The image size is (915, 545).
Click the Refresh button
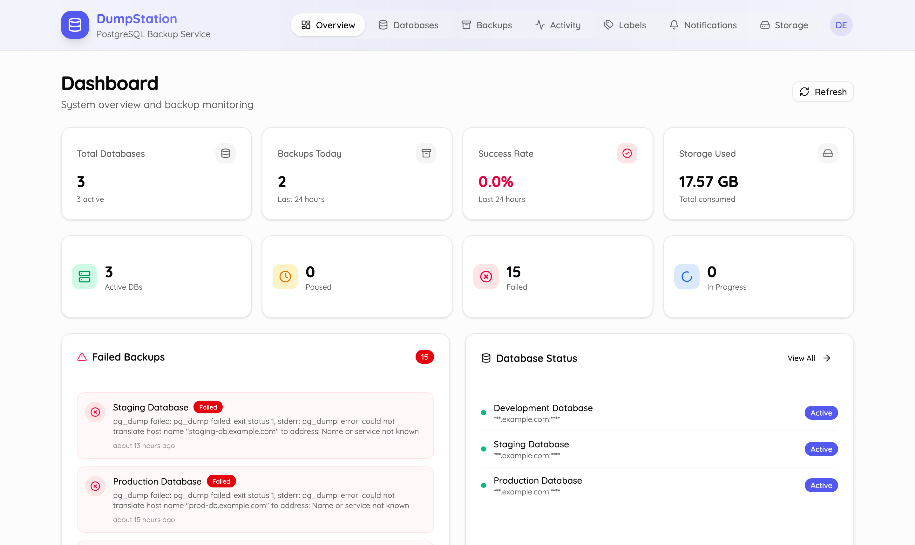(x=823, y=92)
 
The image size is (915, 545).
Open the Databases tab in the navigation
(x=408, y=25)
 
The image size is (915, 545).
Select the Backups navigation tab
(x=486, y=25)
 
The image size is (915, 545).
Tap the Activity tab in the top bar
(x=558, y=25)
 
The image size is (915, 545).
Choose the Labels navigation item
(x=625, y=25)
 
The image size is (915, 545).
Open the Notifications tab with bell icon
(x=703, y=25)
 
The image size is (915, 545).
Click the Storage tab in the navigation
(x=784, y=25)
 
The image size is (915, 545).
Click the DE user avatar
(x=841, y=25)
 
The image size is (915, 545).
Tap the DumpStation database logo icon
(x=75, y=25)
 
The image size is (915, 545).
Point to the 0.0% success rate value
(x=496, y=182)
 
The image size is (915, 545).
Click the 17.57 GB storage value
(x=708, y=182)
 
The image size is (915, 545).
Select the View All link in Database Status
(x=809, y=358)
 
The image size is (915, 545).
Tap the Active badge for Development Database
(x=821, y=413)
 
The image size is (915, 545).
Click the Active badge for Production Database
(x=821, y=486)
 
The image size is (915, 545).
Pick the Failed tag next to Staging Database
(x=208, y=407)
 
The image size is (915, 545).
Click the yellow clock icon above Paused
(x=285, y=277)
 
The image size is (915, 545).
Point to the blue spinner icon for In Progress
(x=687, y=277)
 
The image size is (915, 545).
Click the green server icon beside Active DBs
(x=85, y=277)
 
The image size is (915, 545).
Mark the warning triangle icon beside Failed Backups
(x=82, y=357)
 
